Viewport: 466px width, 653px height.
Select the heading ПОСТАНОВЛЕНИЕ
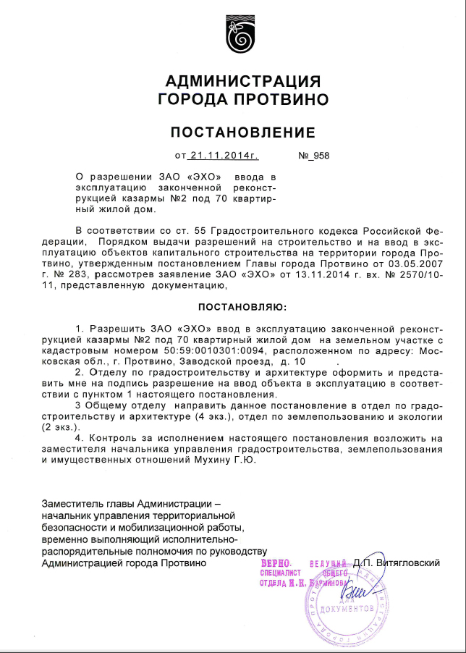click(242, 132)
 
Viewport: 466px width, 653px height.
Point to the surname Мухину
click(226, 459)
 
